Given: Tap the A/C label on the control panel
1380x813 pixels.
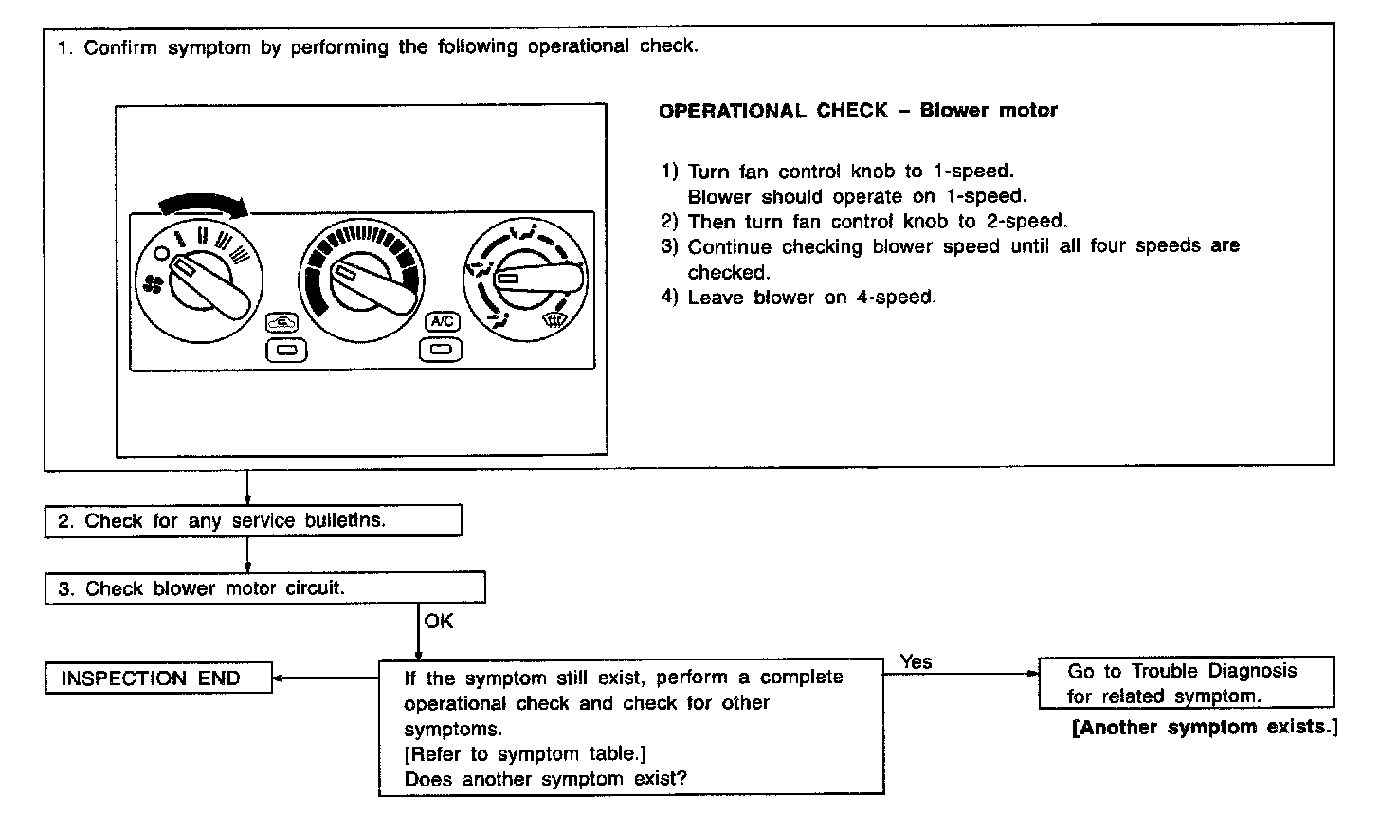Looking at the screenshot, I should pyautogui.click(x=442, y=322).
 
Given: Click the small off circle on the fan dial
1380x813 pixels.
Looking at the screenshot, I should pyautogui.click(x=162, y=253).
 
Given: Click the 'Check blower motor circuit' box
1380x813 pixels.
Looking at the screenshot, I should pyautogui.click(x=264, y=588).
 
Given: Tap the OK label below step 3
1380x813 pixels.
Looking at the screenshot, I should pyautogui.click(x=438, y=622).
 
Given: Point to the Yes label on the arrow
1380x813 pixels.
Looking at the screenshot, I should pyautogui.click(x=916, y=661).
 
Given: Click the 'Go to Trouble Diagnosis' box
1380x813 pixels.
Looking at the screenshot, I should pyautogui.click(x=1186, y=683).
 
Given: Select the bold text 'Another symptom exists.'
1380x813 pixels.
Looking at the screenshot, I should pyautogui.click(x=1205, y=728).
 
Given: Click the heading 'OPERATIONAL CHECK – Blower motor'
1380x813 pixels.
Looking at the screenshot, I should pyautogui.click(x=858, y=111).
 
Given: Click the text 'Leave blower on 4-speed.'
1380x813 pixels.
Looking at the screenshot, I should pyautogui.click(x=811, y=298).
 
